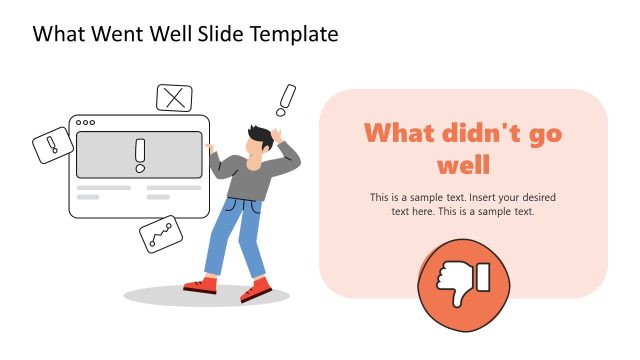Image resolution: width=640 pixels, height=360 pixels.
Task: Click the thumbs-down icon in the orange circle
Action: point(463,282)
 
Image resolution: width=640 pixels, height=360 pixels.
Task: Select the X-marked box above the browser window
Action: point(175,98)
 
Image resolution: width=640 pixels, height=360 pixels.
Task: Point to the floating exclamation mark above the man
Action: point(287,99)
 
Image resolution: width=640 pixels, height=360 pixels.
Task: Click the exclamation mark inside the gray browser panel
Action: point(140,154)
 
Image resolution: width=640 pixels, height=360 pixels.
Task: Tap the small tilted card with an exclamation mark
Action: point(53,146)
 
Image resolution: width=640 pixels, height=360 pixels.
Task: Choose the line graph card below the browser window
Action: point(161,234)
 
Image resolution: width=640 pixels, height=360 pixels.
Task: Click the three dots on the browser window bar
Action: point(86,123)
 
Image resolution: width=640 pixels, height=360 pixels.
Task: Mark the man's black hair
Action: point(259,135)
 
